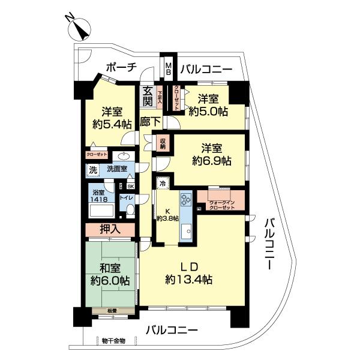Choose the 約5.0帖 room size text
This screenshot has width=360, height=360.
coord(208,110)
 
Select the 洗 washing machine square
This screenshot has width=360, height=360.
coord(93,170)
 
